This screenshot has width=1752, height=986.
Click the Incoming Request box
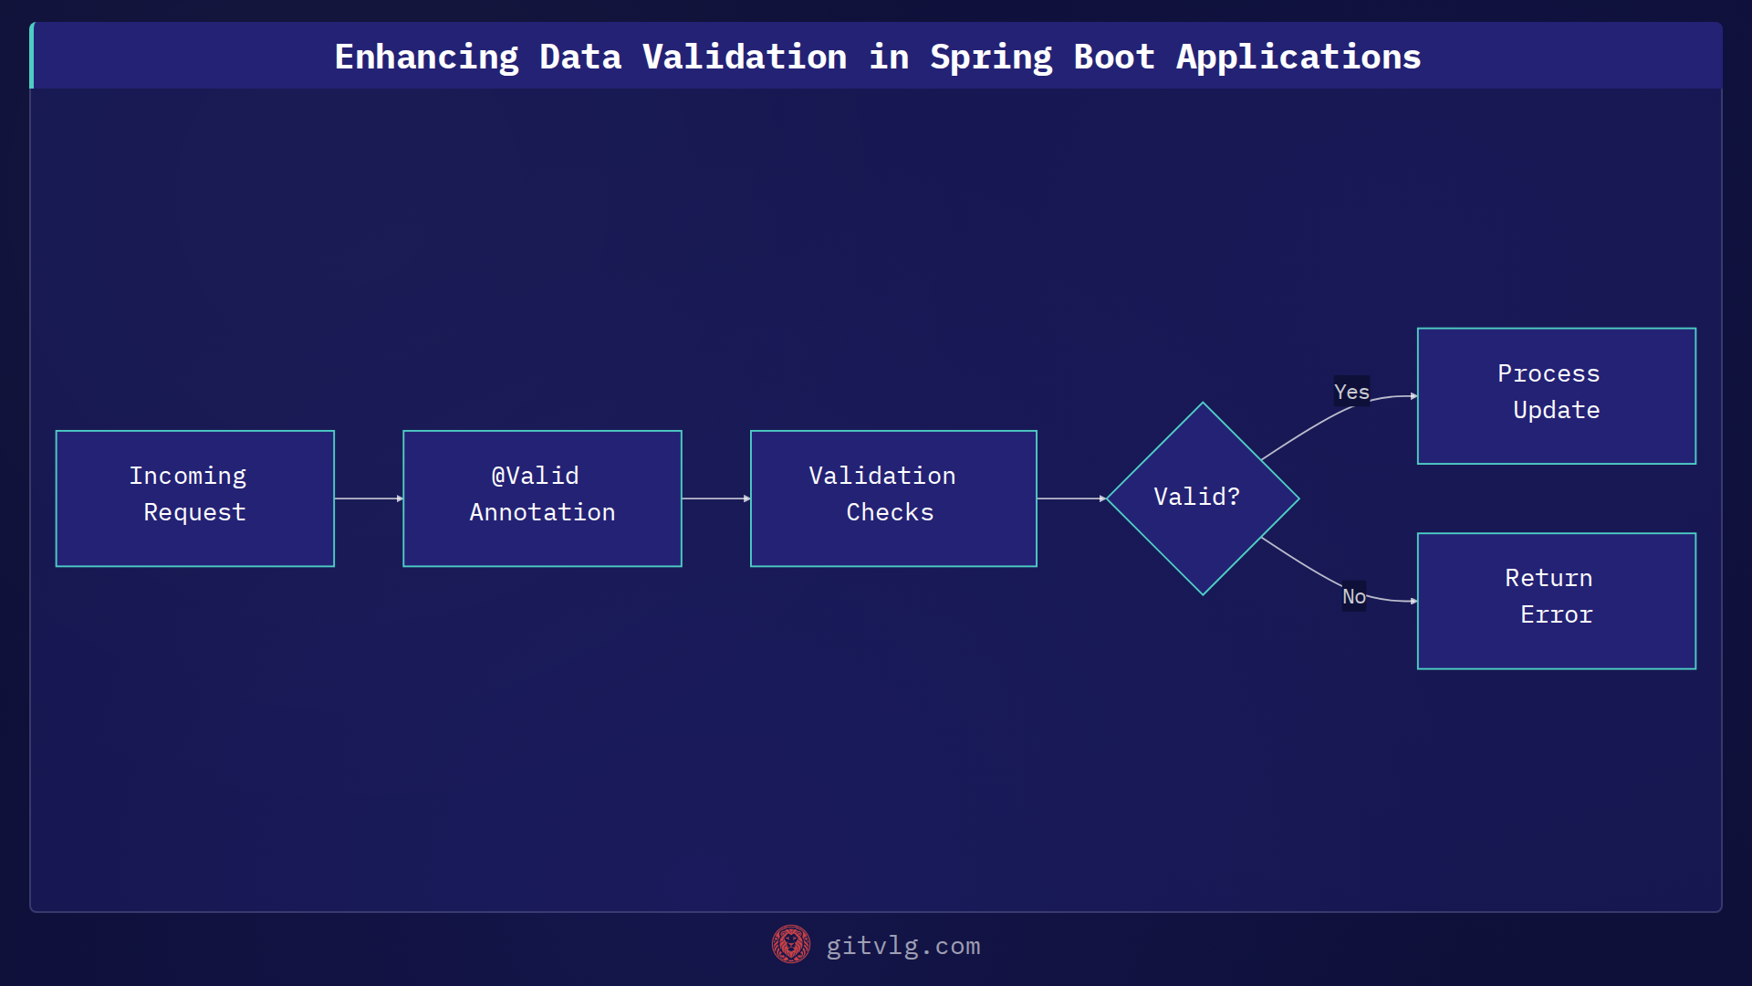click(x=194, y=498)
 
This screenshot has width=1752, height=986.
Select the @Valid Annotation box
click(x=542, y=498)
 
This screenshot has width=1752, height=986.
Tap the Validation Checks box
click(x=892, y=498)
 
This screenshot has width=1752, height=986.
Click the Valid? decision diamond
click(x=1202, y=498)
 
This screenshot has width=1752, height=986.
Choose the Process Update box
click(x=1556, y=396)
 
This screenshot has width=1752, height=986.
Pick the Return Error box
click(x=1556, y=601)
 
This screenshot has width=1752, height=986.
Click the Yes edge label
click(x=1350, y=392)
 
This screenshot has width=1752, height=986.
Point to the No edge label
click(x=1353, y=596)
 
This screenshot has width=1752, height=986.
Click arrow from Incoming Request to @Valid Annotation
click(x=369, y=498)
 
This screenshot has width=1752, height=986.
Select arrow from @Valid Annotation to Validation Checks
click(x=715, y=498)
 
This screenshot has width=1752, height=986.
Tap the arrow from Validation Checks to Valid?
click(x=1071, y=498)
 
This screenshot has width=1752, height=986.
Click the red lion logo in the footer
click(x=790, y=945)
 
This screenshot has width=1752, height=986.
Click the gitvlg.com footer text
click(x=902, y=946)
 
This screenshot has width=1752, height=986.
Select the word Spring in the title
click(x=990, y=58)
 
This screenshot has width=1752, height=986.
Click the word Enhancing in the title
click(x=426, y=58)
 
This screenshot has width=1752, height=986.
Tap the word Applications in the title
click(x=1298, y=58)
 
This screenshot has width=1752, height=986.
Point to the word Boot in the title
click(x=1113, y=58)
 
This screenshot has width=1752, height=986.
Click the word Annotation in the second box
click(x=542, y=512)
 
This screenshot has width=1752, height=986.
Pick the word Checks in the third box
click(x=890, y=512)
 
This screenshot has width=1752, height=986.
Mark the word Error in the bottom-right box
click(x=1556, y=614)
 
